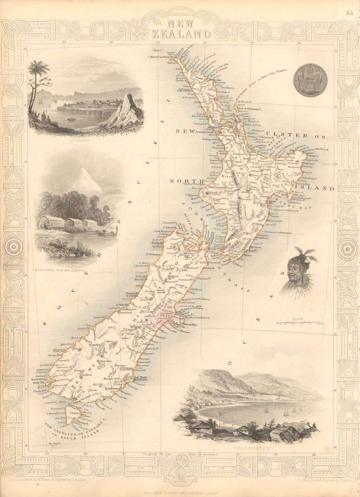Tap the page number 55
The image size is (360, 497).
click(x=350, y=13)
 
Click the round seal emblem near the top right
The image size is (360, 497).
click(x=310, y=80)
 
